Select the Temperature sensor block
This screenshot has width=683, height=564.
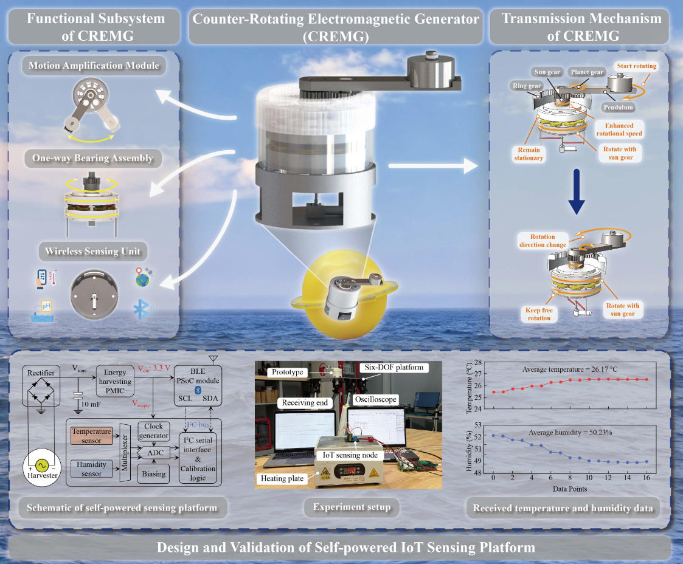click(x=92, y=435)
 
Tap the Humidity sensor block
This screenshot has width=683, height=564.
click(x=92, y=468)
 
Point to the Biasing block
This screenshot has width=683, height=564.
click(x=153, y=473)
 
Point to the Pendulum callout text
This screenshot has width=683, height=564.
click(x=618, y=108)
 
